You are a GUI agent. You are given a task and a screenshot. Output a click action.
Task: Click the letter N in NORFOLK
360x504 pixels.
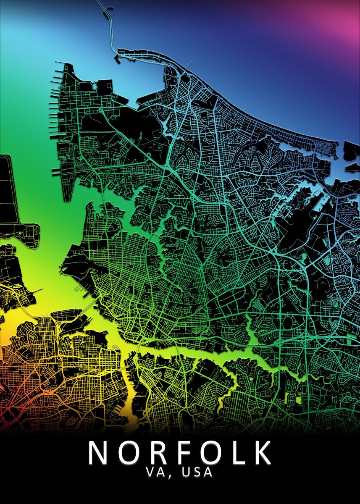pos(98,452)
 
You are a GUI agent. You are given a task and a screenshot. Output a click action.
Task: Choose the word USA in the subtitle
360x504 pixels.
pos(197,472)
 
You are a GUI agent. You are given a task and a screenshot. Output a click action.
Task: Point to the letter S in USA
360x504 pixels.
pos(197,472)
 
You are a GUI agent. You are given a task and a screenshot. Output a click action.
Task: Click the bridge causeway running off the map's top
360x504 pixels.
pos(110,25)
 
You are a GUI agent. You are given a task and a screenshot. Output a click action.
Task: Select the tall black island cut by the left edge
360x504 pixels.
pos(8,189)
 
